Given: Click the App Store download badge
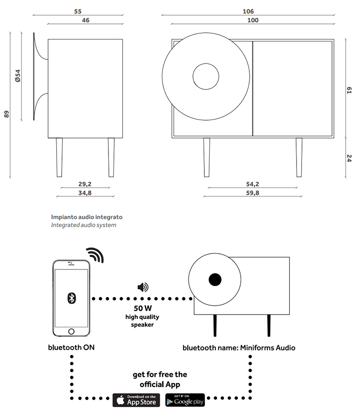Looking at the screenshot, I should click(135, 399).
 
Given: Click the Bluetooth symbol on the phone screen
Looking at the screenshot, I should click(71, 297).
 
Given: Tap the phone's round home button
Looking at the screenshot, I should click(71, 332).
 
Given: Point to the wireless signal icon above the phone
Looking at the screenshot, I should click(95, 255).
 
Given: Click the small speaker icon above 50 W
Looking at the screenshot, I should click(142, 287).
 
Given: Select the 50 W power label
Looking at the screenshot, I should click(142, 309).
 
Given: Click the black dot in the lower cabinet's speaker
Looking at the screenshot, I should click(215, 280).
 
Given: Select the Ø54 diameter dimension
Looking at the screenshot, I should click(18, 76).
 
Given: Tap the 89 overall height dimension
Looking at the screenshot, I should click(7, 114).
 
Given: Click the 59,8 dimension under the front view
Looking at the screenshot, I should click(252, 193).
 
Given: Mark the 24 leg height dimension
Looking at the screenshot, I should click(349, 158).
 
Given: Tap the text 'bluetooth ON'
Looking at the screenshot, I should click(71, 347).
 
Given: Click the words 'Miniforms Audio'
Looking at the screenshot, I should click(268, 347).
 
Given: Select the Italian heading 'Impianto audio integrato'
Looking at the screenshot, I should click(86, 216).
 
